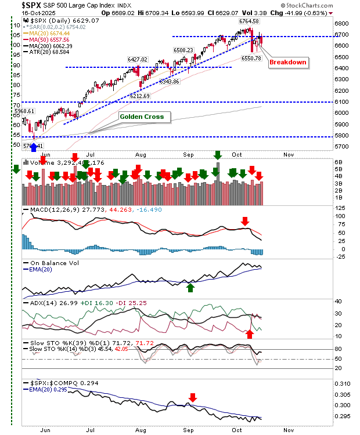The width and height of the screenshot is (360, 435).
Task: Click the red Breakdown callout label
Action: [x=288, y=63]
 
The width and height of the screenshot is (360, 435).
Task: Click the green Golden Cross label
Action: [x=142, y=117]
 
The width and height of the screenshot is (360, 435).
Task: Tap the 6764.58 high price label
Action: [x=249, y=21]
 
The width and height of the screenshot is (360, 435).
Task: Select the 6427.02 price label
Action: [x=138, y=59]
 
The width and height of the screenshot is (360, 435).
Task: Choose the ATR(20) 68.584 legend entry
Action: [x=45, y=52]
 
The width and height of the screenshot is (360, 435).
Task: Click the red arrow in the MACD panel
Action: [x=246, y=221]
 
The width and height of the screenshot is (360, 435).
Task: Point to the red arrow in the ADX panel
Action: [x=250, y=333]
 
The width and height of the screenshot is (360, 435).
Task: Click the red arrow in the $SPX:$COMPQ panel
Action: [x=193, y=398]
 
